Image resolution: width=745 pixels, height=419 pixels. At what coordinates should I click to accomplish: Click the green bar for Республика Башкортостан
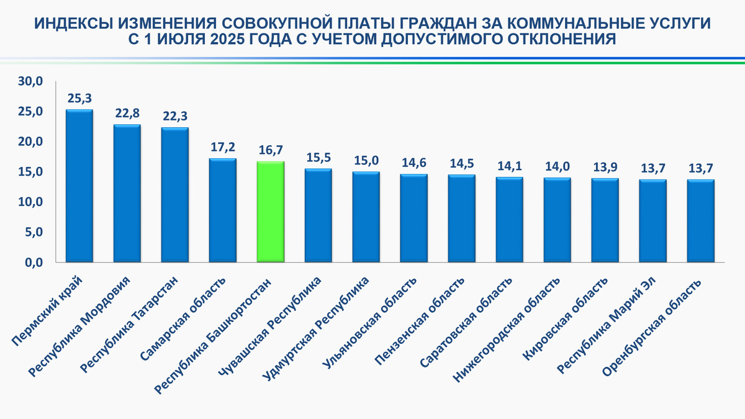point(270,212)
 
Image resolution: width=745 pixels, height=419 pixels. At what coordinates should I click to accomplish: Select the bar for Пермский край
point(79,186)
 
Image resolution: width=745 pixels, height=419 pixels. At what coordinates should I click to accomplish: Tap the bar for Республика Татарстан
point(174,195)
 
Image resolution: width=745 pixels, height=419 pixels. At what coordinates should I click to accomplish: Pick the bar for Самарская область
point(222,210)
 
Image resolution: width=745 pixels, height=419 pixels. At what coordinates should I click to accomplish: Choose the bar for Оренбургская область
point(700,221)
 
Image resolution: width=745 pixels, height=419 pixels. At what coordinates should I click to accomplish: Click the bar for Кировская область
point(605,220)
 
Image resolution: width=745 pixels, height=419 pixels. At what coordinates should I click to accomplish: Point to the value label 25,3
point(79,98)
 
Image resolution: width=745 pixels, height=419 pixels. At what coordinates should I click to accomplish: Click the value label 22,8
point(127,113)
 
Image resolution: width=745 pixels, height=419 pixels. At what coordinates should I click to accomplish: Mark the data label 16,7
point(270,150)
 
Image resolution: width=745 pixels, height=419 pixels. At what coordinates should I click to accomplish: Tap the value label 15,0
point(366,160)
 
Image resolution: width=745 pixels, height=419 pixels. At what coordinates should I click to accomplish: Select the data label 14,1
point(509,166)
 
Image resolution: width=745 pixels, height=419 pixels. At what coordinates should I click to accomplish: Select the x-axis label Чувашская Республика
point(271,325)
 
